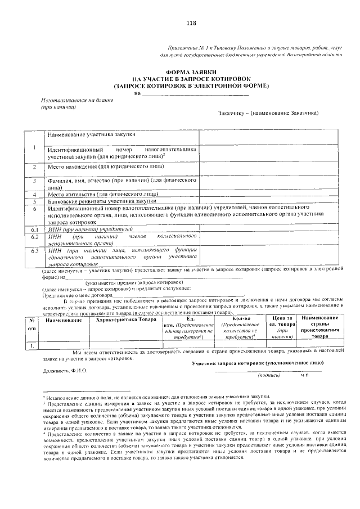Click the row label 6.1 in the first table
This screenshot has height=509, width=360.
(x=34, y=229)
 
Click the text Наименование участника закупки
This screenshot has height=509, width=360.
(x=91, y=135)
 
